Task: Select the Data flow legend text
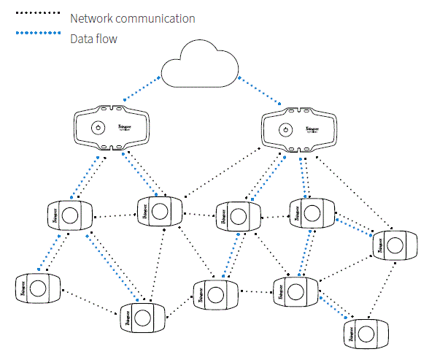(93, 39)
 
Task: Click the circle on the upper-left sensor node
(70, 215)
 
